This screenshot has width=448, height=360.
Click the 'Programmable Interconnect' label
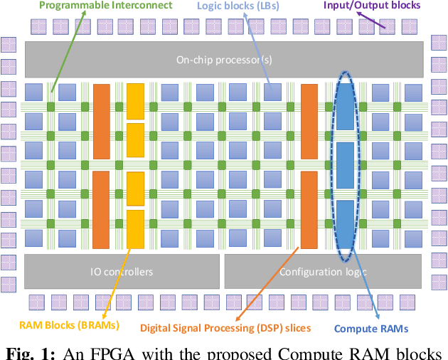click(105, 6)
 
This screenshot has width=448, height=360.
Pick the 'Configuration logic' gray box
click(324, 271)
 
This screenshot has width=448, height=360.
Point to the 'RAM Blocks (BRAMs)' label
click(70, 325)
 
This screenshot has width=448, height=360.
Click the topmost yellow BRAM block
click(135, 100)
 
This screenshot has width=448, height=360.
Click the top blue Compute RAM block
click(344, 107)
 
